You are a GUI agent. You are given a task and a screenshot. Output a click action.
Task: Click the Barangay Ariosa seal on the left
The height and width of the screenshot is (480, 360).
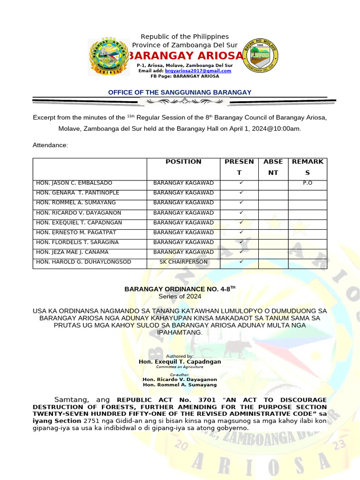pyautogui.click(x=109, y=57)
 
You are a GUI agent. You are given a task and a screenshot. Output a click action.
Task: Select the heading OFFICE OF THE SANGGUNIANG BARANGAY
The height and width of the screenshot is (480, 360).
pyautogui.click(x=180, y=92)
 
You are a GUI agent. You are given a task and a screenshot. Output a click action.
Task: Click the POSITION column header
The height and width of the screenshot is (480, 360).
pyautogui.click(x=183, y=162)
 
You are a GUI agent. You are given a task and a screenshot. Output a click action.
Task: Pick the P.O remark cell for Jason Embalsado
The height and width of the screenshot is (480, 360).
pyautogui.click(x=307, y=183)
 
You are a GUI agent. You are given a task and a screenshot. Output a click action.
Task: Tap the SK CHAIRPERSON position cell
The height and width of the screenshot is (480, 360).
pyautogui.click(x=183, y=262)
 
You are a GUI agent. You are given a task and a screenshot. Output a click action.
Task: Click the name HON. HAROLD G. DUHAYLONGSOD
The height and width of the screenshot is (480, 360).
pyautogui.click(x=83, y=262)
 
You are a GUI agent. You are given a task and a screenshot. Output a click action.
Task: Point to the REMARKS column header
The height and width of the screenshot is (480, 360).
pyautogui.click(x=307, y=167)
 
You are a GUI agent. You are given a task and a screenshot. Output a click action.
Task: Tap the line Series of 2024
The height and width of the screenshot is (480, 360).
pyautogui.click(x=180, y=296)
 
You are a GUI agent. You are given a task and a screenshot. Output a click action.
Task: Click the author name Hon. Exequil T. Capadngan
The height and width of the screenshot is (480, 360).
pyautogui.click(x=180, y=362)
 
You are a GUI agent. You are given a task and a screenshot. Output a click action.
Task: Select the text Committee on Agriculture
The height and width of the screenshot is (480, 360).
pyautogui.click(x=180, y=367)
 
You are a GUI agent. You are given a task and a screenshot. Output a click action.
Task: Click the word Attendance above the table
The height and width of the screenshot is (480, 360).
pyautogui.click(x=50, y=145)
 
